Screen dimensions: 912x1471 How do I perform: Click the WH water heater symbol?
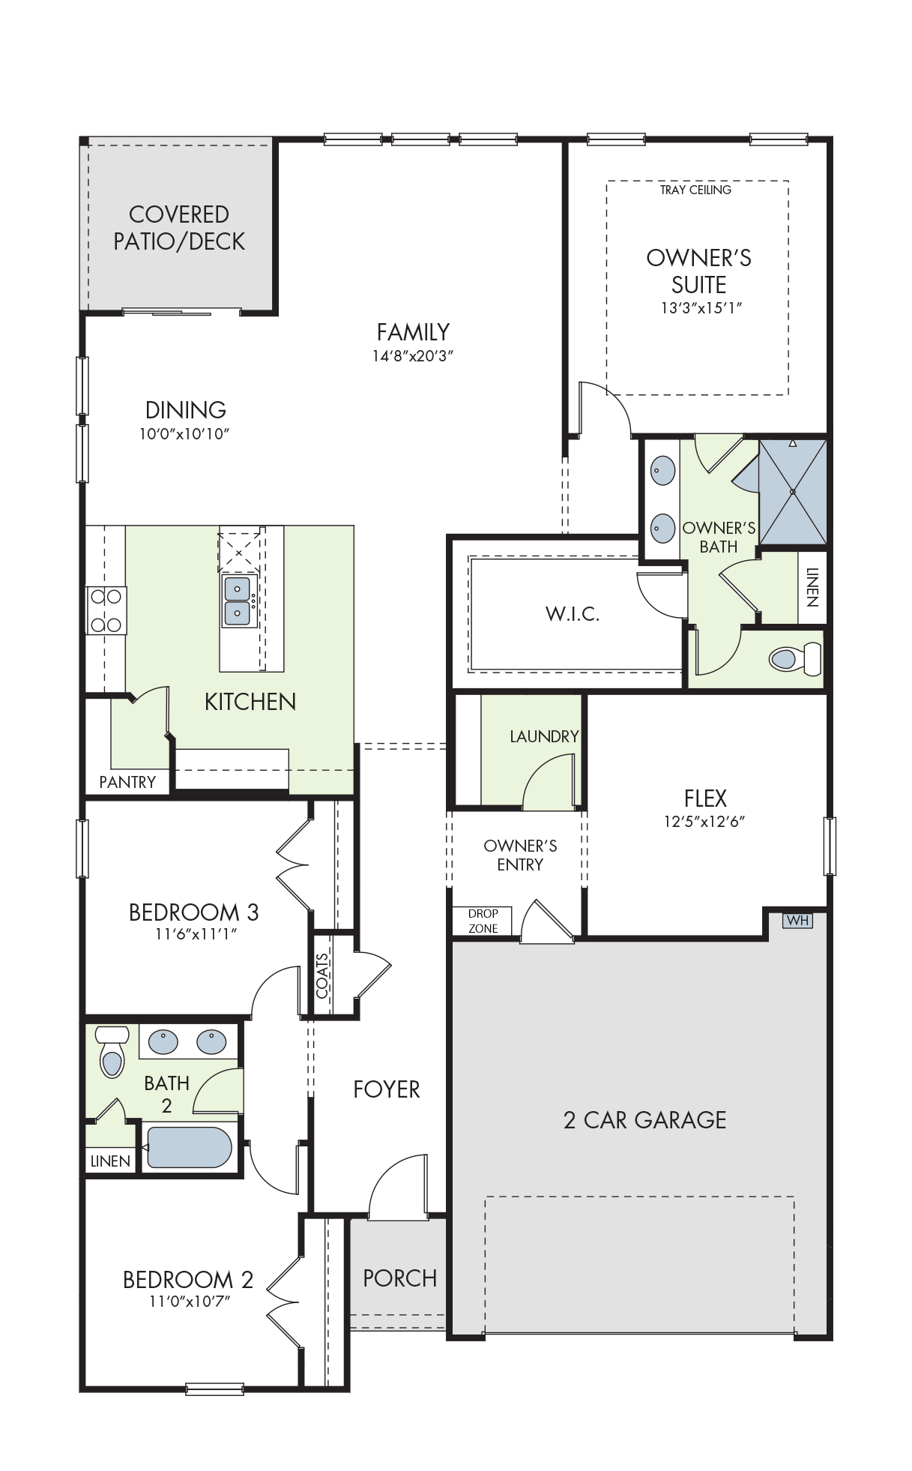point(797,920)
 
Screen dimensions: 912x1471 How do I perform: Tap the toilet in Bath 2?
point(112,1050)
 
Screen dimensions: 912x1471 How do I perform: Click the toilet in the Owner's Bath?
point(794,659)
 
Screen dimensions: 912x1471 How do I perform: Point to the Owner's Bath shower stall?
point(792,491)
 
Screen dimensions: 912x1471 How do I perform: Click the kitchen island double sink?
point(238,601)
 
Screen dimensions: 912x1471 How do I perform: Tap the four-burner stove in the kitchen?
point(106,611)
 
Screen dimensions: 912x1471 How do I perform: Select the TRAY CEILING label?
point(695,190)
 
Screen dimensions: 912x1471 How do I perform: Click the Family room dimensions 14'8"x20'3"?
point(413,356)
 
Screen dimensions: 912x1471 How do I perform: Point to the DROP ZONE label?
point(483,921)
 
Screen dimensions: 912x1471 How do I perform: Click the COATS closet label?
point(322,975)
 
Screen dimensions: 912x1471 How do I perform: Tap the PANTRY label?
point(127,782)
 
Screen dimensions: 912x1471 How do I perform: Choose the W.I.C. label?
point(573,614)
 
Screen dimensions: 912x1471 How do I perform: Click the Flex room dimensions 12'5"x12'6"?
point(704,821)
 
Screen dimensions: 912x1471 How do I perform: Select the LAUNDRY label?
point(544,737)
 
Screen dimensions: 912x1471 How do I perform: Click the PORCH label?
point(399,1278)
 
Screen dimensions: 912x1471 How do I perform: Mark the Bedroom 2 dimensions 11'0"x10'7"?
point(189,1301)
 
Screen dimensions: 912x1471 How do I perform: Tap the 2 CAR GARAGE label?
point(644,1120)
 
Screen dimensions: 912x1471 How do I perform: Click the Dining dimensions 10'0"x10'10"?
point(184,434)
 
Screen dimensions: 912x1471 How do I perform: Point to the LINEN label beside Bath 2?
point(110,1161)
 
